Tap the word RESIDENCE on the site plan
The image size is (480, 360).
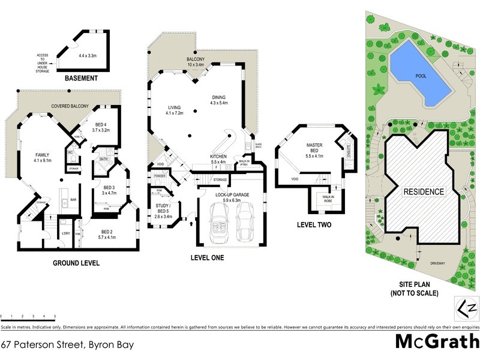(423, 192)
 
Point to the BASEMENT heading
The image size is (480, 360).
(80, 79)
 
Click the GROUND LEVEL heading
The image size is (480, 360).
(76, 263)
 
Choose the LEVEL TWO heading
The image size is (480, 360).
(315, 225)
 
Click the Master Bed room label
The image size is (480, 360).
(315, 148)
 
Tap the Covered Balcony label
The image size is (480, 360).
(70, 106)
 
